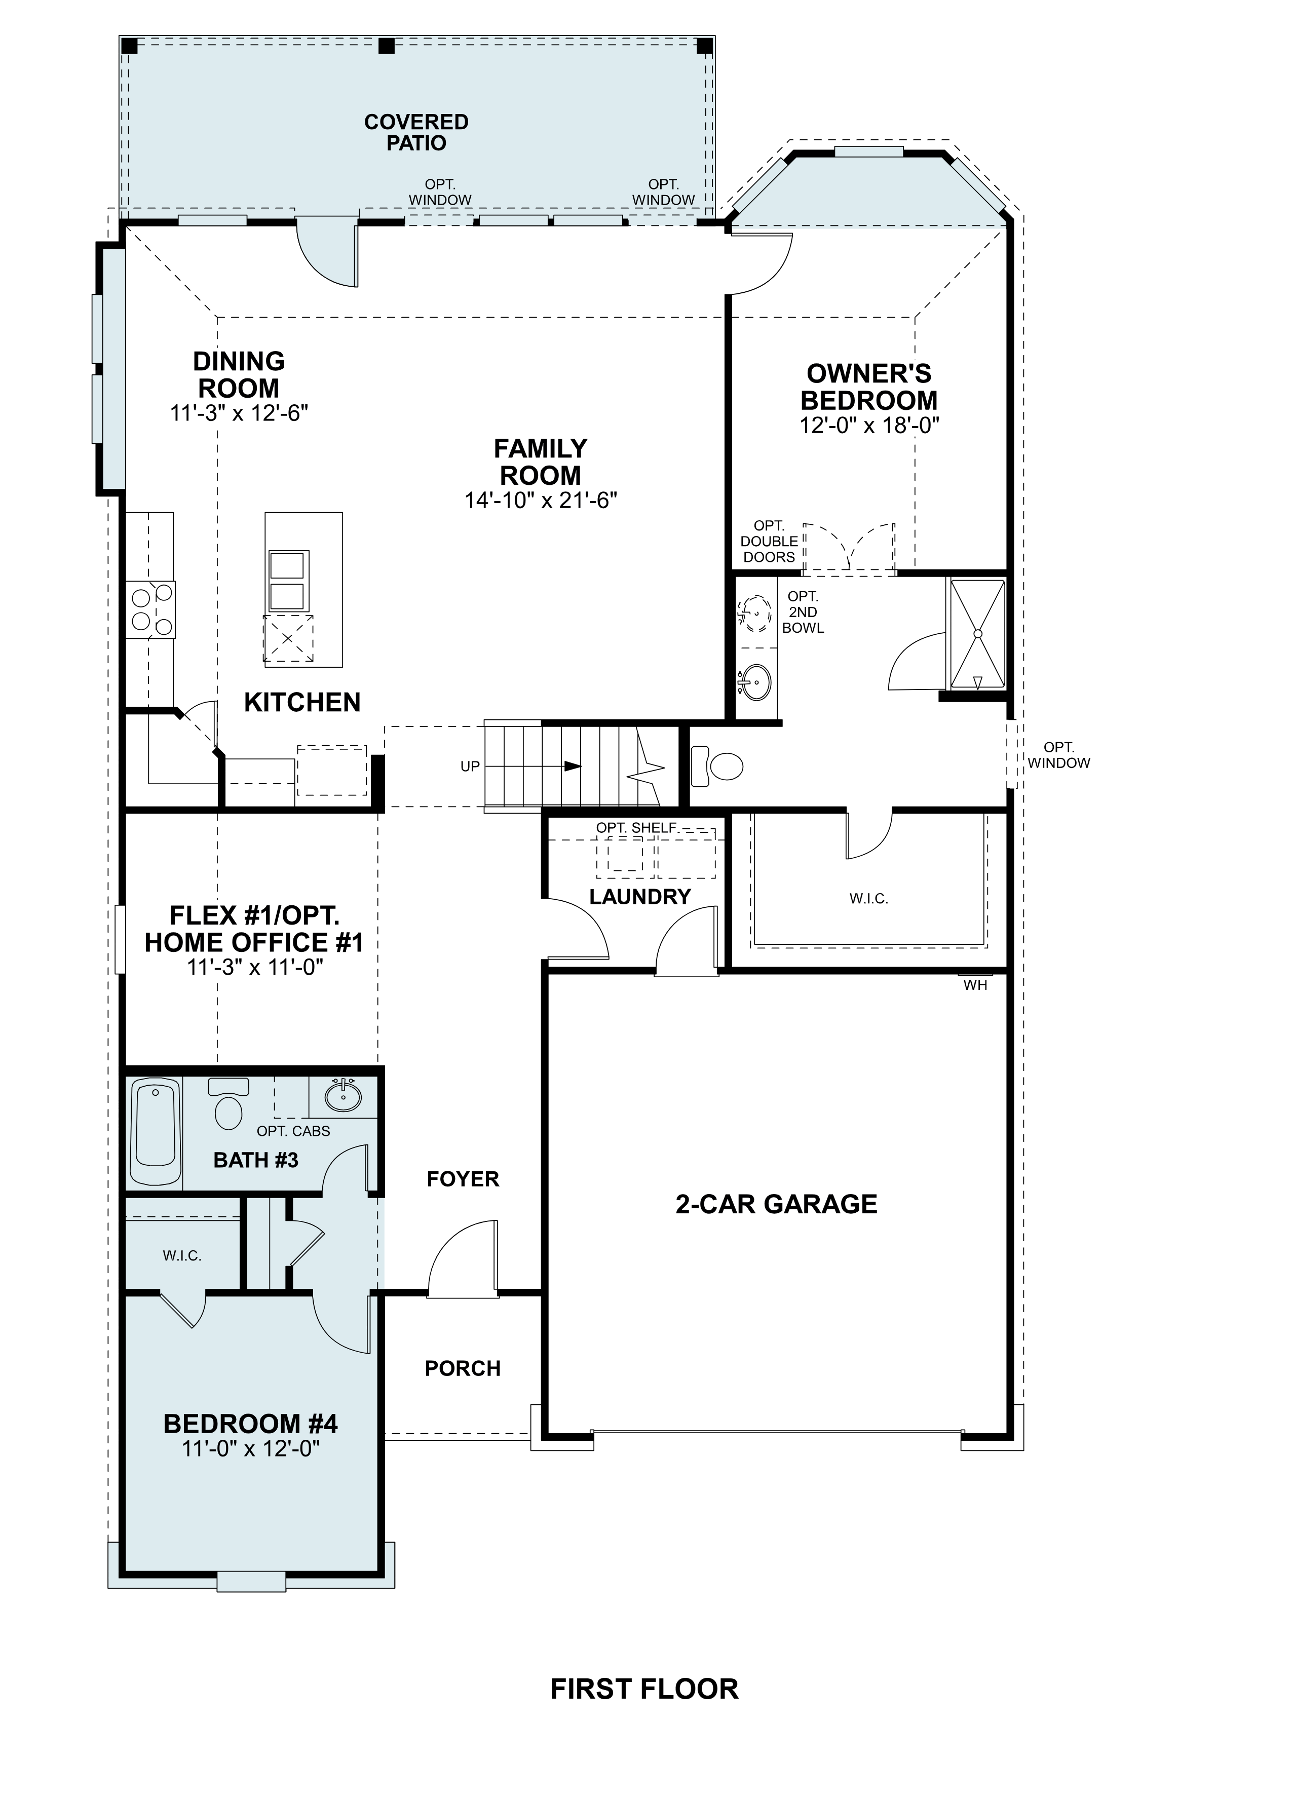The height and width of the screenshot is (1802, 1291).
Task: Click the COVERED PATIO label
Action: click(416, 133)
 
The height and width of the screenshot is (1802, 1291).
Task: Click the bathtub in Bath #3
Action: click(155, 1132)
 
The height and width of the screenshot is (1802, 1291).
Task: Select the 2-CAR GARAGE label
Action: click(776, 1204)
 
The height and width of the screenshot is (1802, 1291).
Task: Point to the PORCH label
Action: click(463, 1368)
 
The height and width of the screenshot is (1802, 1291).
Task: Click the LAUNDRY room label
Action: click(639, 897)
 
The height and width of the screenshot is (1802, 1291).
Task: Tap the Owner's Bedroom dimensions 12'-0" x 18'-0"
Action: click(869, 426)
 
